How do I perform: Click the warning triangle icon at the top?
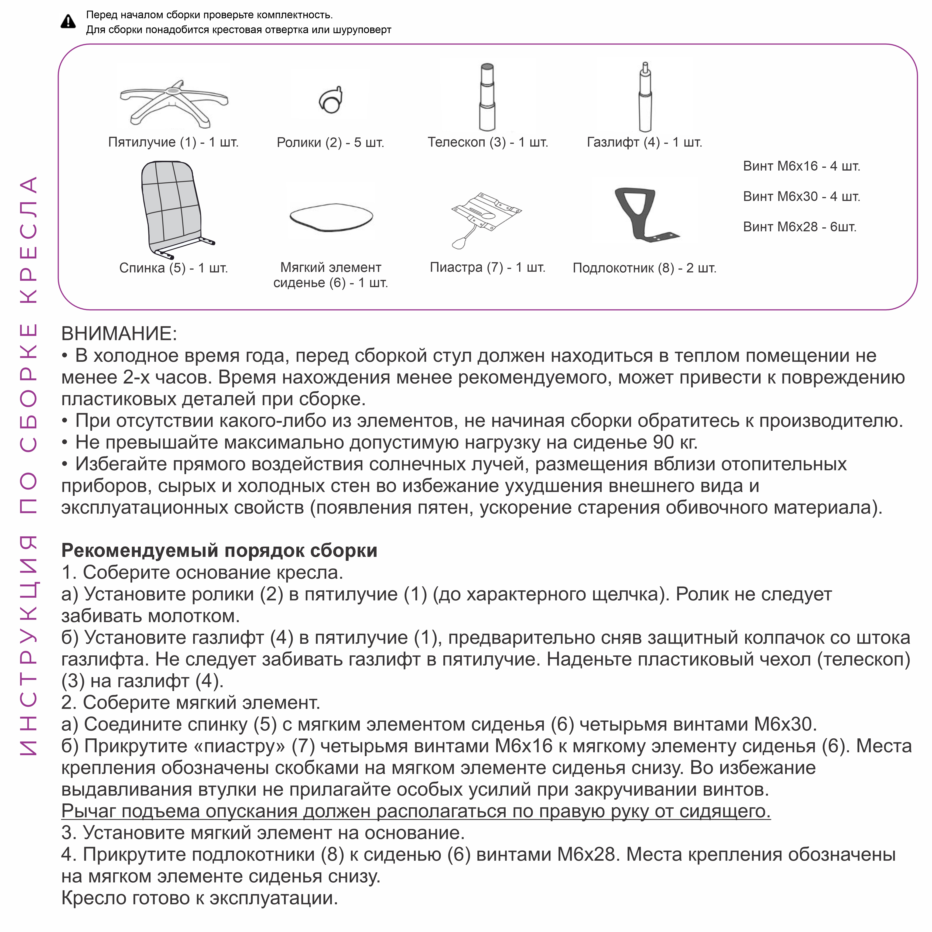pyautogui.click(x=68, y=22)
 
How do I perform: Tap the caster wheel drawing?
pyautogui.click(x=331, y=100)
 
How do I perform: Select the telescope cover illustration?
pyautogui.click(x=487, y=96)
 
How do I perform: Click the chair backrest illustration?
pyautogui.click(x=172, y=207)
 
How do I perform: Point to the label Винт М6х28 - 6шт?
pyautogui.click(x=799, y=227)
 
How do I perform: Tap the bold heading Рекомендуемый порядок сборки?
pyautogui.click(x=219, y=550)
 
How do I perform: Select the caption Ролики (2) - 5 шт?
pyautogui.click(x=330, y=143)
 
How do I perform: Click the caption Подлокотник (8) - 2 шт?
pyautogui.click(x=644, y=268)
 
